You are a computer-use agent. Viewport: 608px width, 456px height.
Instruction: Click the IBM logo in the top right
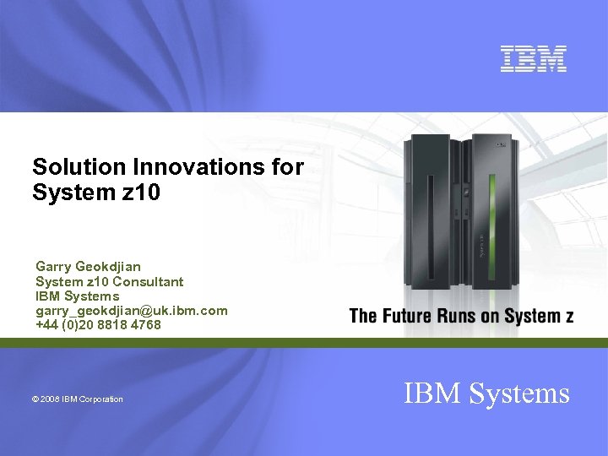(x=533, y=58)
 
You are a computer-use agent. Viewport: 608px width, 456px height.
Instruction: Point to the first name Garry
(x=53, y=268)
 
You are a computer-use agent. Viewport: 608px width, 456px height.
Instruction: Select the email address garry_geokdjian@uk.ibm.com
(x=131, y=311)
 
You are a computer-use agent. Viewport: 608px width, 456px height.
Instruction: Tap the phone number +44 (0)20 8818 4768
(x=98, y=324)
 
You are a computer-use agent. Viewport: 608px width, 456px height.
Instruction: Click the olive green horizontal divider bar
(x=304, y=342)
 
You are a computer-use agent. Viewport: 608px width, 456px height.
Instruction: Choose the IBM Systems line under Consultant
(x=77, y=296)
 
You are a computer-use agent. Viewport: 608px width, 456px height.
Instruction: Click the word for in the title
(x=288, y=167)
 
